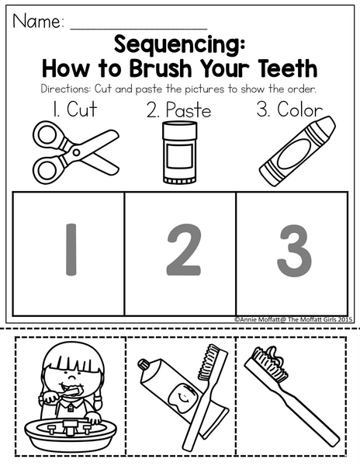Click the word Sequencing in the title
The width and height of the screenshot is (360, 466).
[179, 44]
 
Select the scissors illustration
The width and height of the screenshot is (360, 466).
[76, 152]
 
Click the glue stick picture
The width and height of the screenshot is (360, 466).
[179, 152]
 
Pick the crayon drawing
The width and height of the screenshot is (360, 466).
[297, 151]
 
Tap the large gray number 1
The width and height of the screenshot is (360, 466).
[71, 250]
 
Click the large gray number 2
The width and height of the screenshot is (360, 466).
[184, 250]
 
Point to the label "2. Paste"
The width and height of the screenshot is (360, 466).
[178, 110]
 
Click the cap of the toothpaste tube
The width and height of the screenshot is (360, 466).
[144, 365]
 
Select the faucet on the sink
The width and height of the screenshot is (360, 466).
[70, 428]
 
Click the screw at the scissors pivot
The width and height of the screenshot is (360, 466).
[76, 152]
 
